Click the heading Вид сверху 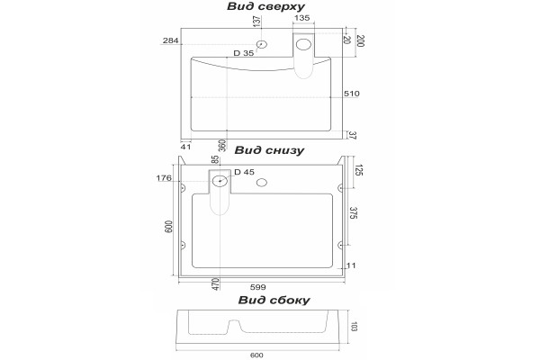pyautogui.click(x=265, y=6)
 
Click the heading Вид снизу pyautogui.click(x=269, y=150)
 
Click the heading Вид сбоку pyautogui.click(x=274, y=300)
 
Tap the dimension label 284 pyautogui.click(x=171, y=40)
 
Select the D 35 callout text pyautogui.click(x=244, y=53)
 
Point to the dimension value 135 pyautogui.click(x=302, y=18)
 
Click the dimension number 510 pyautogui.click(x=352, y=94)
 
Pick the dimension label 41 pyautogui.click(x=185, y=147)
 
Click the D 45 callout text pyautogui.click(x=244, y=172)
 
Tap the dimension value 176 pyautogui.click(x=164, y=178)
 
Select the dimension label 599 pyautogui.click(x=258, y=287)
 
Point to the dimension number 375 pyautogui.click(x=354, y=212)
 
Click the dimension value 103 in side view pyautogui.click(x=354, y=327)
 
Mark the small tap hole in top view pyautogui.click(x=262, y=44)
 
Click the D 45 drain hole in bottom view pyautogui.click(x=220, y=181)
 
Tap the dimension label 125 pyautogui.click(x=358, y=170)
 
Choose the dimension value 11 pyautogui.click(x=351, y=265)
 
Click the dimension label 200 pyautogui.click(x=359, y=41)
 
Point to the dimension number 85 pyautogui.click(x=215, y=160)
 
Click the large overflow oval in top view pyautogui.click(x=304, y=44)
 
